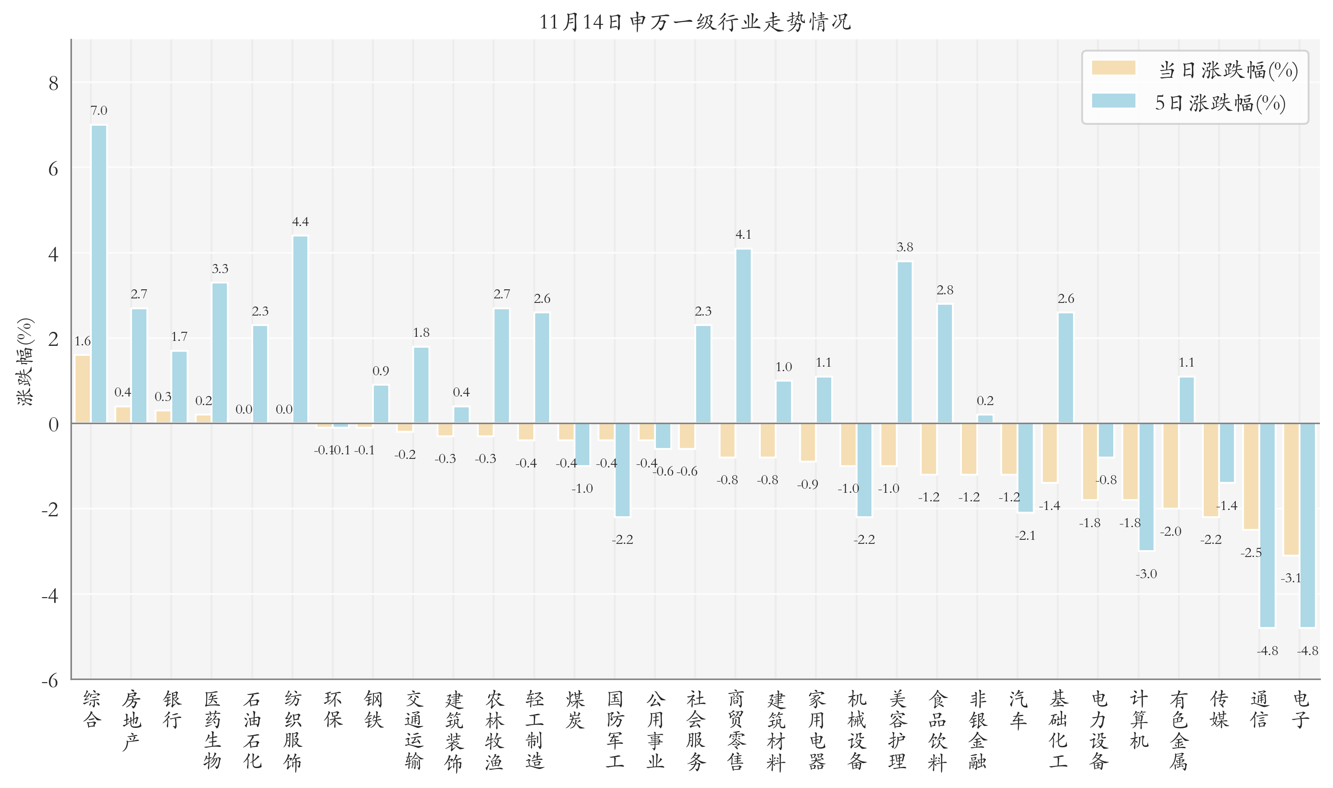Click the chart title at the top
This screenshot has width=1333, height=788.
coord(695,22)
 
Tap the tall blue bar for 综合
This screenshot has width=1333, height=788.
coord(99,274)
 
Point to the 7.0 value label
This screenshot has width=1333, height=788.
coord(99,110)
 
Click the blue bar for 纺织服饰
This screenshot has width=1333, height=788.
coord(300,329)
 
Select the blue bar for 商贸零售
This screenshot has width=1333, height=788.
coord(743,336)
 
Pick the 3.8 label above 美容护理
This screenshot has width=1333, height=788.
coord(904,247)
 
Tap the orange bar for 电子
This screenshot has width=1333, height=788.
coord(1291,489)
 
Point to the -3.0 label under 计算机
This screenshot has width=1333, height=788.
coord(1146,573)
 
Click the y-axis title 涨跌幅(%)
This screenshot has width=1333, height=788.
coord(25,361)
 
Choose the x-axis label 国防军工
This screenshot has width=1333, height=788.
coord(615,730)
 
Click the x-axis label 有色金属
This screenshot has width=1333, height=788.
coord(1178,730)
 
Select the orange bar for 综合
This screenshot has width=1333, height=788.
coord(82,389)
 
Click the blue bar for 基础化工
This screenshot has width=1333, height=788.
coord(1065,368)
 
